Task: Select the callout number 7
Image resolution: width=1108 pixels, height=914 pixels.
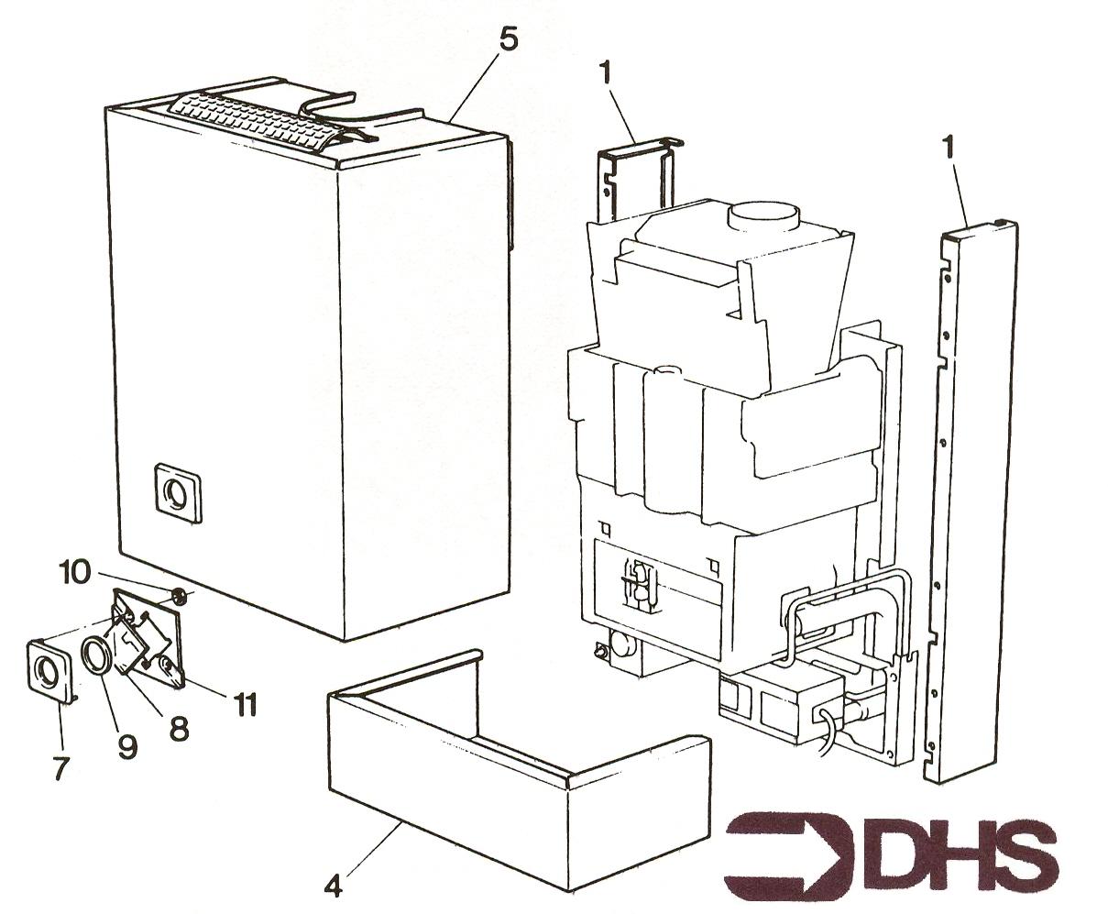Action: tap(62, 767)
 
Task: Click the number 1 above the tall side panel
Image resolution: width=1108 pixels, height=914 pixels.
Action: tap(948, 149)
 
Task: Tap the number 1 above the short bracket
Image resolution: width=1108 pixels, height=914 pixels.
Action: tap(606, 75)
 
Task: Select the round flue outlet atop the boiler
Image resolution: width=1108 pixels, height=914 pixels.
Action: tap(762, 216)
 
